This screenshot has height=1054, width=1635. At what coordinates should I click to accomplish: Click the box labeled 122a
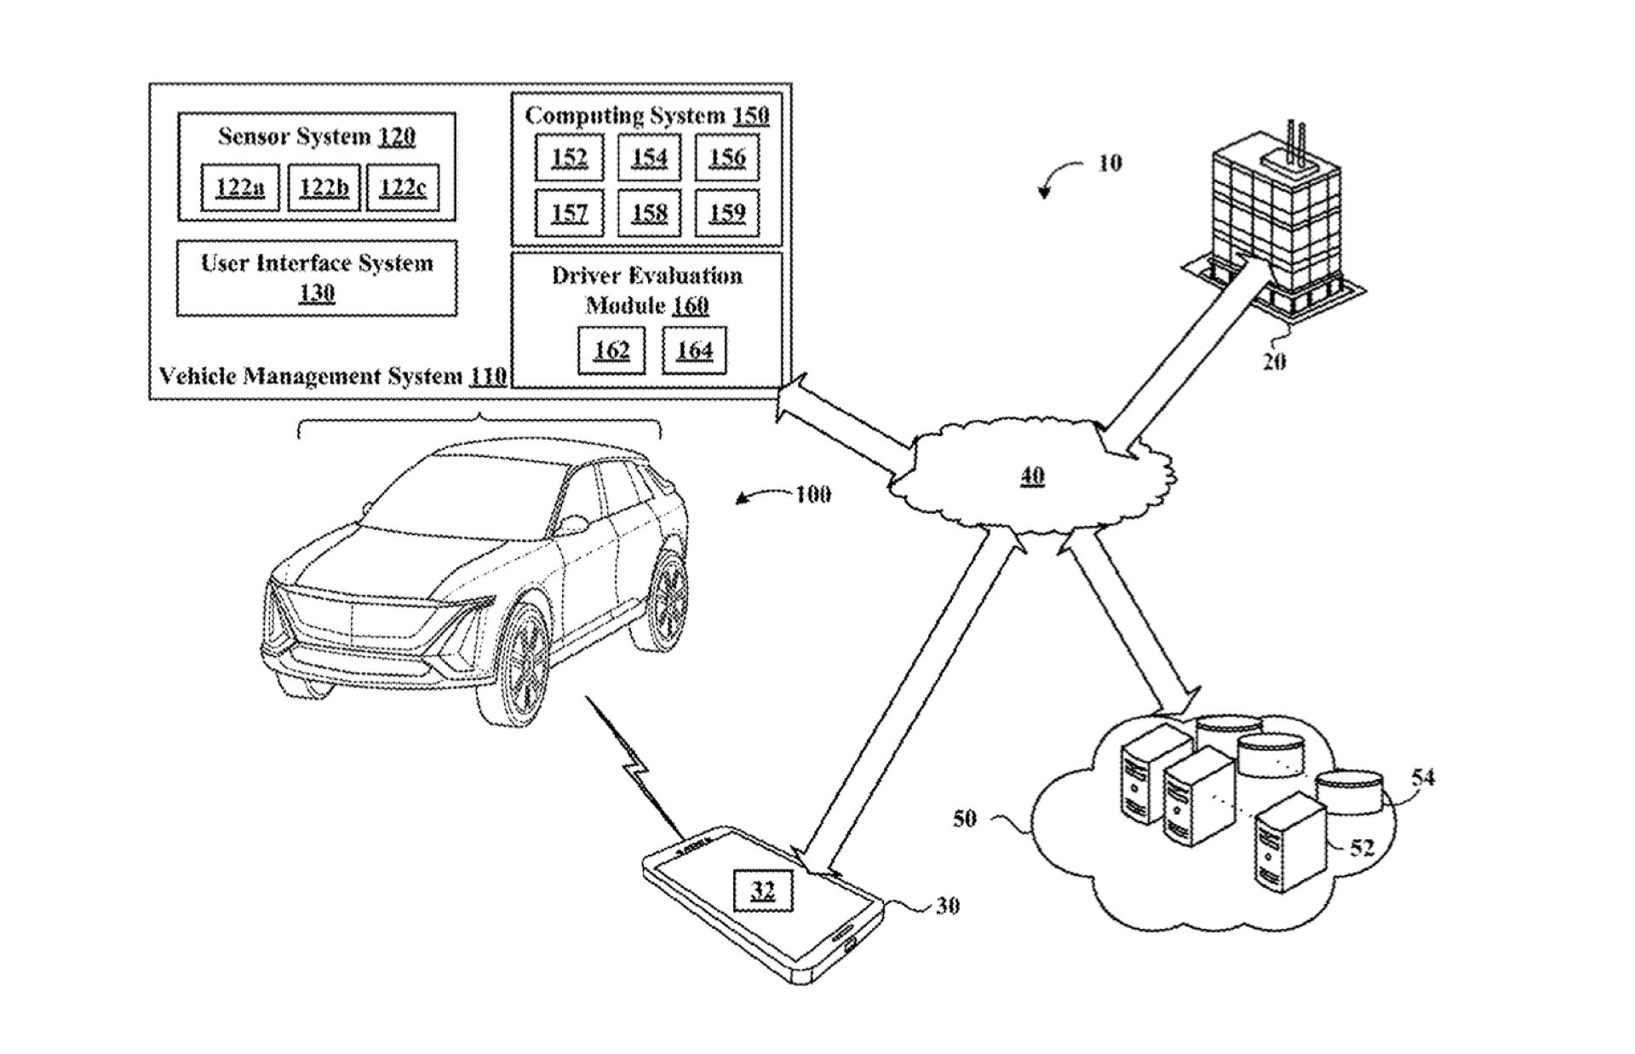pos(239,187)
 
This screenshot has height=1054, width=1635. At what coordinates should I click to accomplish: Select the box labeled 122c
pos(403,187)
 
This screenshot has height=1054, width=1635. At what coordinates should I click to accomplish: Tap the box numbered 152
pos(569,158)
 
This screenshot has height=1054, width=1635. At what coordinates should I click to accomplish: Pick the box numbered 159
pos(726,212)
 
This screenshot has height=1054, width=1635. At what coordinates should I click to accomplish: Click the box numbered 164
pos(694,350)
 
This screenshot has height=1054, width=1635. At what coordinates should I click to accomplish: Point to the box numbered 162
pos(611,350)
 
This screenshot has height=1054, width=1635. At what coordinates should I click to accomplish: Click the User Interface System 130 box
pos(317,278)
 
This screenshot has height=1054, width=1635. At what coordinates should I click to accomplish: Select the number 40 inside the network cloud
pos(1032,475)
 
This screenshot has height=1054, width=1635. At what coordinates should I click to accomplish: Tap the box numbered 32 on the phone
pos(763,891)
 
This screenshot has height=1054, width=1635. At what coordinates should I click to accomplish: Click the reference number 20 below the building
pos(1274,361)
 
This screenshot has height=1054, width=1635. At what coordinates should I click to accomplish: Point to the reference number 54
pos(1423,777)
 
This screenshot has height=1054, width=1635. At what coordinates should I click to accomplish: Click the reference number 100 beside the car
pos(813,494)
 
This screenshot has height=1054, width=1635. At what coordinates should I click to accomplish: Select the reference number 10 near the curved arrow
pos(1110,163)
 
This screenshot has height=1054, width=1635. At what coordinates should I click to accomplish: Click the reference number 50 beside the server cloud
pos(964,819)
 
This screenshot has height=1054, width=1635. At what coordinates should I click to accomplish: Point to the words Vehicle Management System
pos(312,376)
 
